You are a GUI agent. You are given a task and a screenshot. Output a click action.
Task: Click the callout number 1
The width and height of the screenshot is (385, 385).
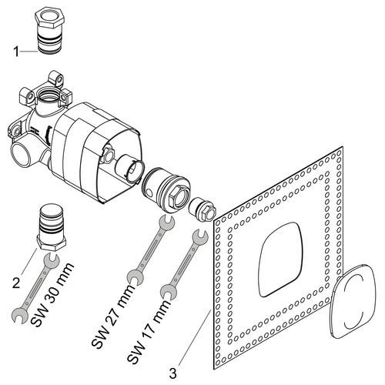pos(16,52)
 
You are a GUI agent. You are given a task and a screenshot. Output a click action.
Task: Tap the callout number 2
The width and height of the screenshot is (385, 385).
pos(16,283)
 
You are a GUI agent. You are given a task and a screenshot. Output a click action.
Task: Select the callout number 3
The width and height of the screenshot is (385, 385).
pos(172,373)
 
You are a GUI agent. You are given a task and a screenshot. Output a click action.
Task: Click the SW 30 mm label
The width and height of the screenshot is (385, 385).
pos(52,294)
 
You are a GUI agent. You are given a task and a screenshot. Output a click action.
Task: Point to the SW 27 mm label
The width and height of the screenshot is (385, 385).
pos(113,316)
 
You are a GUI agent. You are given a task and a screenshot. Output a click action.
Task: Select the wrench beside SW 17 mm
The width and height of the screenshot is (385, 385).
pos(184,264)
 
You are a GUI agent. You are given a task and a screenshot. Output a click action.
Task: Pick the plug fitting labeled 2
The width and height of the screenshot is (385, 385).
pos(52,228)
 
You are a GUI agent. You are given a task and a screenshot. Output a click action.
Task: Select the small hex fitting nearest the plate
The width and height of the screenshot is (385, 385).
pos(203,209)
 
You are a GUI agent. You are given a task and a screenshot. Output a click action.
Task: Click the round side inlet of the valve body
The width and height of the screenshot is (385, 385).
pos(21,155)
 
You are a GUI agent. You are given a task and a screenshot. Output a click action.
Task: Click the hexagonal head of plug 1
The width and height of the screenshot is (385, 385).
pos(49,18)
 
